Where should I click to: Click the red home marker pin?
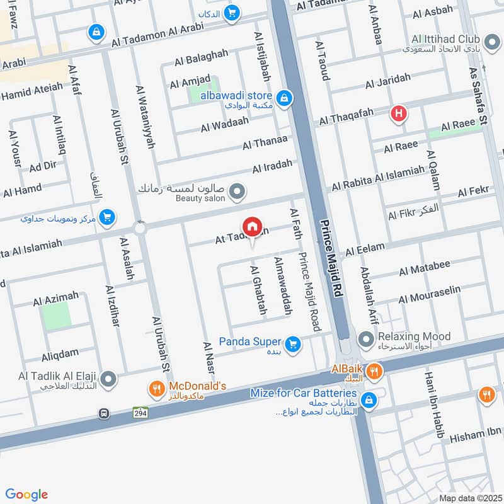252,227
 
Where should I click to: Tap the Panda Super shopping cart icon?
292,344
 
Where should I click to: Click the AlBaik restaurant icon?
374,371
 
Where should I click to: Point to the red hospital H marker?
398,114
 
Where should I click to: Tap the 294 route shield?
140,412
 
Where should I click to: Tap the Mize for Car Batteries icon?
369,399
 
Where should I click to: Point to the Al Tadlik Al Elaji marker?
109,379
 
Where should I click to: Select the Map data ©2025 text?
469,498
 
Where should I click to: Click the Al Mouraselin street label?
430,294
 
